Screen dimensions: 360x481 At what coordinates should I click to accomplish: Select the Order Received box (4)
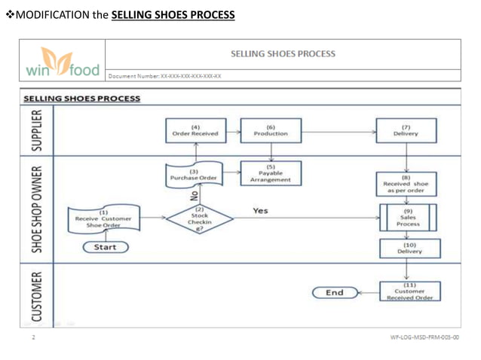point(195,130)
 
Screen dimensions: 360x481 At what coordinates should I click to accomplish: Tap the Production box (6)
point(271,130)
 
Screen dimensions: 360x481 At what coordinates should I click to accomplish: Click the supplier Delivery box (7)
point(406,130)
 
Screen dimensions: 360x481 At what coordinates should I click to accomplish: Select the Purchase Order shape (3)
point(195,175)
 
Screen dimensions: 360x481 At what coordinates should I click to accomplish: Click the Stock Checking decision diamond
point(200,218)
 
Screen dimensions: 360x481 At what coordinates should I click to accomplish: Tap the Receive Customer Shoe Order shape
point(103,219)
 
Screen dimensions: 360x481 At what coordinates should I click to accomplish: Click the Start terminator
point(105,247)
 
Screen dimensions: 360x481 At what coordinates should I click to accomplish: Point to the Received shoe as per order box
point(406,185)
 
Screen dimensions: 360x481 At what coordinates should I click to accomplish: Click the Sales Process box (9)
point(408,218)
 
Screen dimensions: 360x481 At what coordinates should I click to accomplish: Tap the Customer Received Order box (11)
point(409,292)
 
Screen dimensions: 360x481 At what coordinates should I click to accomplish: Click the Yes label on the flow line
point(260,211)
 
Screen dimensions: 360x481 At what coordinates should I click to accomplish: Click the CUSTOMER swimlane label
point(35,293)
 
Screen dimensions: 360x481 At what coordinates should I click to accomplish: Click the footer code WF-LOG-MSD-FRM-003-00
point(424,338)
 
